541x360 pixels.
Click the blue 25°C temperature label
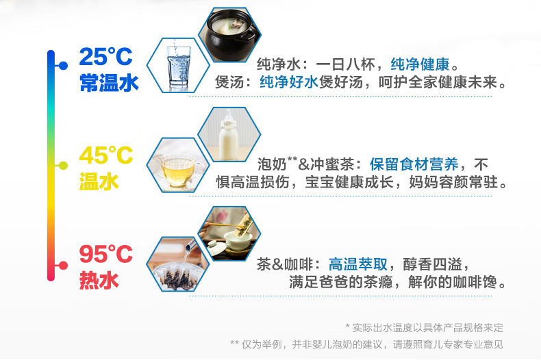(105, 57)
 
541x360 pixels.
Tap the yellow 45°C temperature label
(106, 155)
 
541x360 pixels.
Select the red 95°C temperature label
(106, 254)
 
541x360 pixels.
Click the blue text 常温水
(109, 83)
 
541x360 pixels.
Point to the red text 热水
(99, 280)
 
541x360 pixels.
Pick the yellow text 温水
(99, 181)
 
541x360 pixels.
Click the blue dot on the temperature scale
(63, 66)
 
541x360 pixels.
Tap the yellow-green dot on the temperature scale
(63, 166)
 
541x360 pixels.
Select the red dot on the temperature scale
(63, 266)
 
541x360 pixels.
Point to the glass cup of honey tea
(177, 170)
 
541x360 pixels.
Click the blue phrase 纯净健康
(420, 64)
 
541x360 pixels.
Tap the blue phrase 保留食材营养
(414, 164)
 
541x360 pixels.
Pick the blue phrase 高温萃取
(357, 264)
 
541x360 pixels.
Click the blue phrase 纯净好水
(289, 82)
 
